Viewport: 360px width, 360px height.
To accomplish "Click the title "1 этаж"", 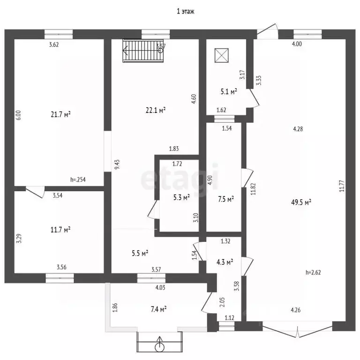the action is [x=186, y=11].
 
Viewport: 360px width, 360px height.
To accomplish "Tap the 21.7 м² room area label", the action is [x=60, y=114].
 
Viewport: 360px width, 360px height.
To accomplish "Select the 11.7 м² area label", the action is [x=60, y=230].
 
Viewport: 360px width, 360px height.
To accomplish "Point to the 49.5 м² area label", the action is [x=301, y=202].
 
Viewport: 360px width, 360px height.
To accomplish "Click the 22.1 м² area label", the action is [x=156, y=110].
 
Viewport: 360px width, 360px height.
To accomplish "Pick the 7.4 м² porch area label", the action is [x=158, y=309].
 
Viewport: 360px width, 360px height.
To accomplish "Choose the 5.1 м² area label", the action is [x=229, y=91].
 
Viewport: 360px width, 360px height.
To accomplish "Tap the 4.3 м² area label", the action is [x=225, y=262].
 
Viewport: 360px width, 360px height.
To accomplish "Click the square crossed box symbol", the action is [x=222, y=55].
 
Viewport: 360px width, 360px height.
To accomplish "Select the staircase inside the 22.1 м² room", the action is [x=143, y=51].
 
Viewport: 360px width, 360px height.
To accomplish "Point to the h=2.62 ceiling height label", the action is [x=313, y=272].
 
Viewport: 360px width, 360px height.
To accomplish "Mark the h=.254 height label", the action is [x=78, y=180].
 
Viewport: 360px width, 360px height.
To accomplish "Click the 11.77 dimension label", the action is [x=342, y=186].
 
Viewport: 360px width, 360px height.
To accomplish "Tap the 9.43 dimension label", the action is [x=117, y=165].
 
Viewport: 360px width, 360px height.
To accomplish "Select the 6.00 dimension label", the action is [x=19, y=115].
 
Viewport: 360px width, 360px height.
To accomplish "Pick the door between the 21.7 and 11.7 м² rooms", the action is [x=35, y=192].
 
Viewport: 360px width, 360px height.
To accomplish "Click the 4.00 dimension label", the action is [x=297, y=44].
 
